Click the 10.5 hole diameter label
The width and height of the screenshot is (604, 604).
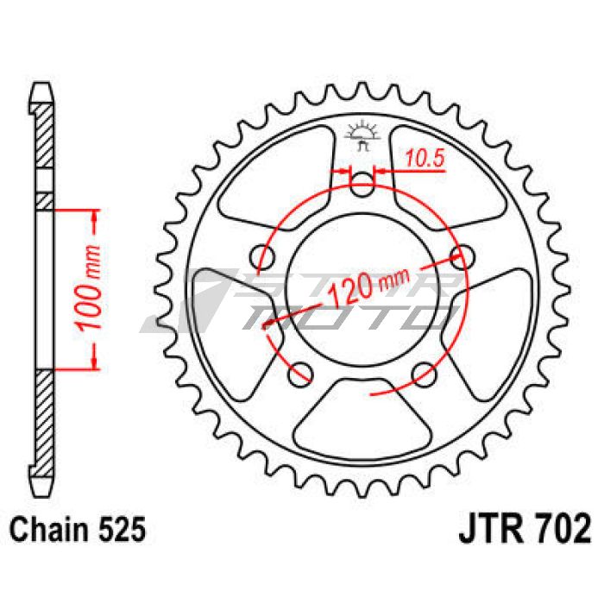coord(425,158)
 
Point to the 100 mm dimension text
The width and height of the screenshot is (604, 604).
coord(88,287)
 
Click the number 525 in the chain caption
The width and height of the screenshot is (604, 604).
coord(123,529)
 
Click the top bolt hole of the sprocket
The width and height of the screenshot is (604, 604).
coord(362,185)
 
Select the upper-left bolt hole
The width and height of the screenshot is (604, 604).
coord(263,256)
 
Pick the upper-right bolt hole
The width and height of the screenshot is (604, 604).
coord(462,256)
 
